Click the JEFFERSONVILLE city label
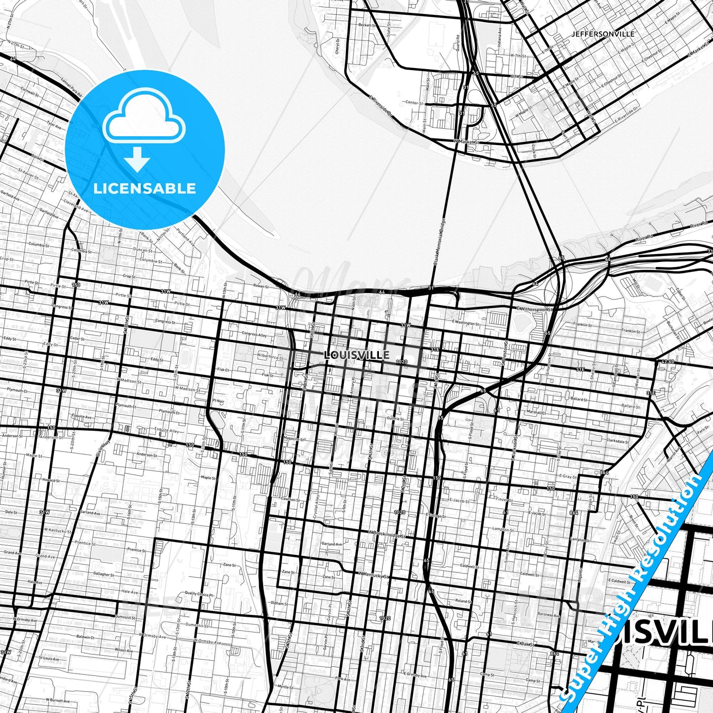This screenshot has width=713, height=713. [602, 34]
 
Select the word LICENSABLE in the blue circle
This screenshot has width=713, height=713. [145, 188]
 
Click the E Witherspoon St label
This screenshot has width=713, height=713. [535, 309]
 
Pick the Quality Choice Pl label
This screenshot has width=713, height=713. [198, 595]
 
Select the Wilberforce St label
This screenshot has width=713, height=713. [270, 356]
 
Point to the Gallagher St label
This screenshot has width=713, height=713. [103, 574]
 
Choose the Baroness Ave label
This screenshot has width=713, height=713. [549, 615]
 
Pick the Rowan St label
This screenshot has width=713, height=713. [261, 286]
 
